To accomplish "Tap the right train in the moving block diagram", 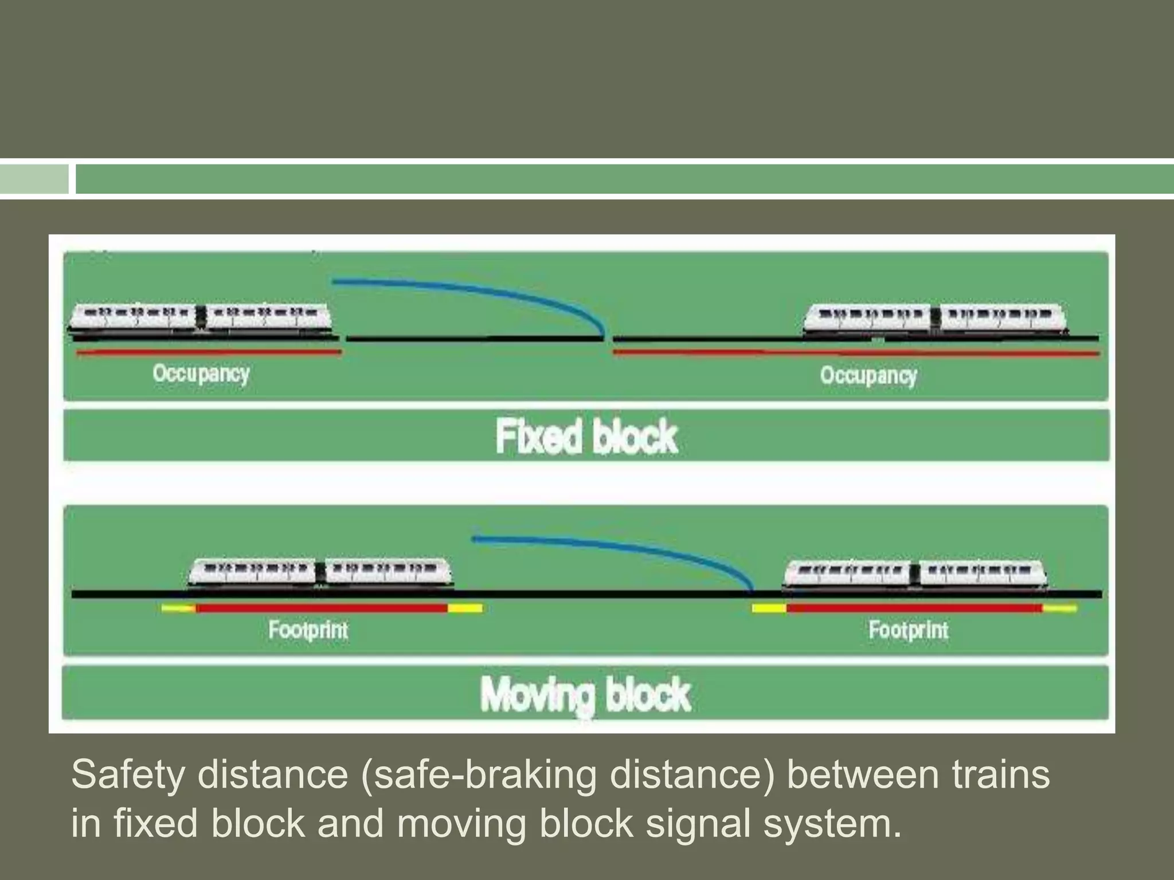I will pyautogui.click(x=914, y=573).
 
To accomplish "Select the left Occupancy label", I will pyautogui.click(x=201, y=374).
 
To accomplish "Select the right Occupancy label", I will pyautogui.click(x=868, y=376).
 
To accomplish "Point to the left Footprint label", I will pyautogui.click(x=308, y=630).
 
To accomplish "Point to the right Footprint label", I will pyautogui.click(x=908, y=630).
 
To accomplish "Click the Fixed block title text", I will pyautogui.click(x=586, y=437).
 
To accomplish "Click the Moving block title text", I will pyautogui.click(x=585, y=694).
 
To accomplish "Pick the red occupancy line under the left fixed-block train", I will pyautogui.click(x=209, y=353).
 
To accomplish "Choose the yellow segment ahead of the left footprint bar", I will pyautogui.click(x=465, y=608).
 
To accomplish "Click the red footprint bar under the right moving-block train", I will pyautogui.click(x=914, y=608).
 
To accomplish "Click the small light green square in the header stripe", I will pyautogui.click(x=34, y=179).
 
